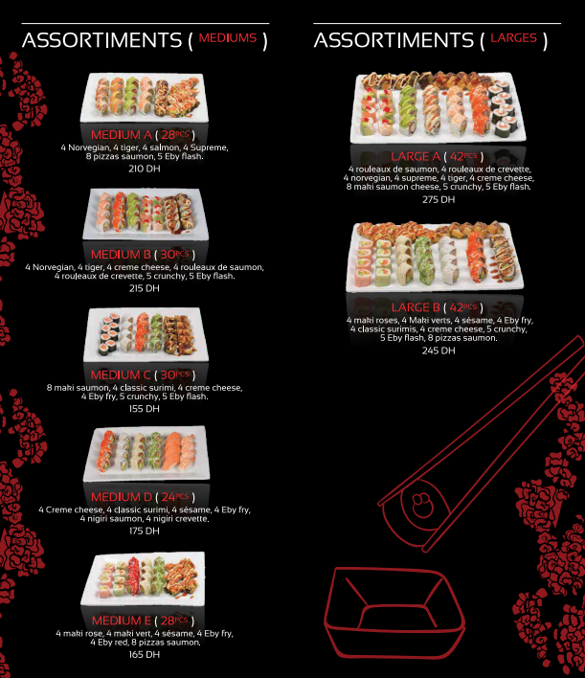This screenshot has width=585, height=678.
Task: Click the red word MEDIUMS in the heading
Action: coord(228,38)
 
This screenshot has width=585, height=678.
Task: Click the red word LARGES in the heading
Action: coord(513,38)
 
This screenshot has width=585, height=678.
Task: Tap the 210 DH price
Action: coord(145,169)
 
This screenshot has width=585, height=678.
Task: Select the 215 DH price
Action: coord(145,288)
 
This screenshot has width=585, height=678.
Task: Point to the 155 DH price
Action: coord(145,409)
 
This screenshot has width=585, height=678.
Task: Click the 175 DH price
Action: coord(145,531)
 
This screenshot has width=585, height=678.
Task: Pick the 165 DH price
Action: coord(145,655)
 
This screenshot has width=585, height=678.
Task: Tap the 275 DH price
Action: coord(439,199)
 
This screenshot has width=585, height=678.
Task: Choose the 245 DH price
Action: coord(439,350)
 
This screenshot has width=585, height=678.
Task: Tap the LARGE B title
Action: coord(416,307)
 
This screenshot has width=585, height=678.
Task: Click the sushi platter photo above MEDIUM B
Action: coord(146,214)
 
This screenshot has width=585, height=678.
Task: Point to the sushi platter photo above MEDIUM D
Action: coord(146,454)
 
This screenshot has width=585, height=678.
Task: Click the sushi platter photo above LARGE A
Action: coord(439,107)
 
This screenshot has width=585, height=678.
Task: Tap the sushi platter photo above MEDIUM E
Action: coord(143,578)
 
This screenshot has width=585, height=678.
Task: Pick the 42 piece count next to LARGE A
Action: coord(457,156)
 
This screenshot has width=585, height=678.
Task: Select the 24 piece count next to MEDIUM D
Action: coord(169,497)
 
